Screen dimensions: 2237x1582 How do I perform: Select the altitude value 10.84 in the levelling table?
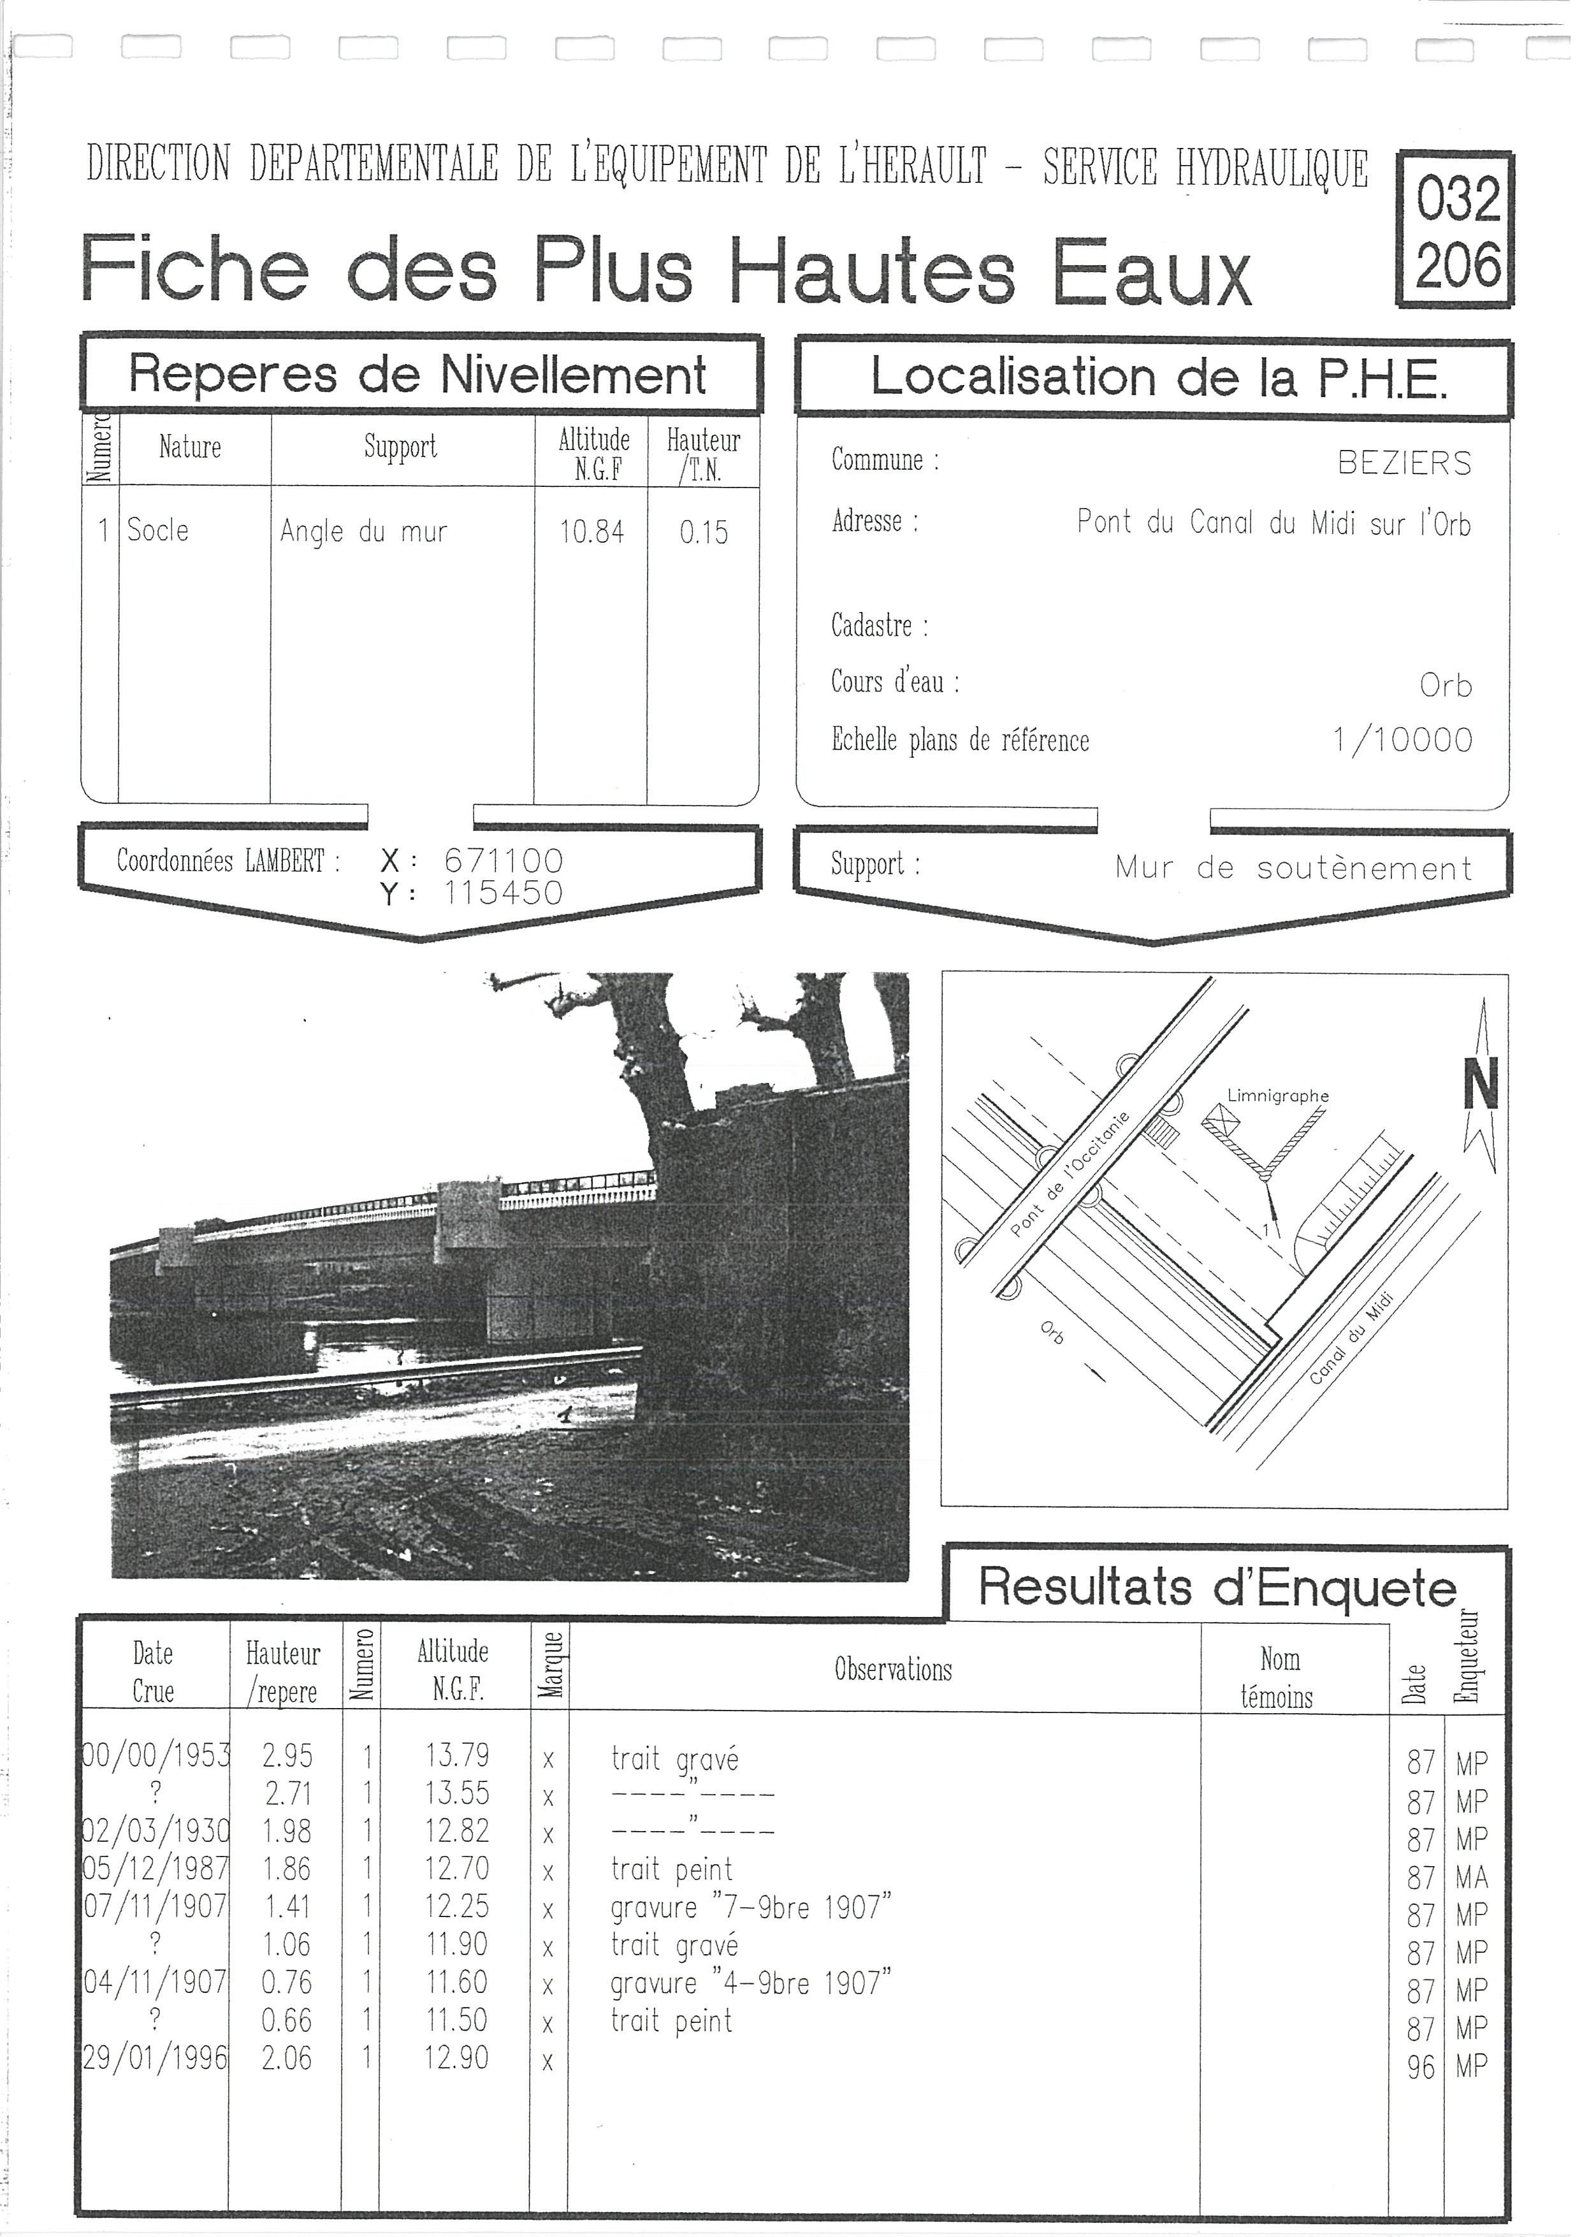point(591,532)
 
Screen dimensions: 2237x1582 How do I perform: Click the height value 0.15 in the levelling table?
point(703,532)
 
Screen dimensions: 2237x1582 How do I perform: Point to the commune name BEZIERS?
point(1404,463)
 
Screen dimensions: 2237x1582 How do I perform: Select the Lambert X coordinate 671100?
point(503,860)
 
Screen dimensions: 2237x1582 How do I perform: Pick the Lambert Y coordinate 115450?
point(503,892)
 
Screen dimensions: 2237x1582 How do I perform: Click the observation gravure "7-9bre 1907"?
point(751,1907)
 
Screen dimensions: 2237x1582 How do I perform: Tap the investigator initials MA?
point(1471,1878)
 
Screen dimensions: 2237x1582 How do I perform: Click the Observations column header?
point(892,1669)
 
